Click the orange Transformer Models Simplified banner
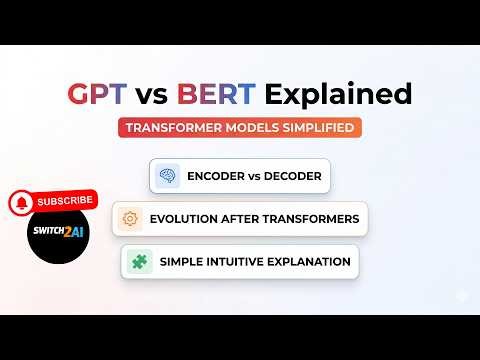(239, 128)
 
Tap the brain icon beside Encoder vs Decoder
(167, 176)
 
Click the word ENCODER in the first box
(215, 177)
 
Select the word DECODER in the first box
(294, 177)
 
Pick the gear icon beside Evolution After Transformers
(130, 219)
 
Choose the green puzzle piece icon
(137, 262)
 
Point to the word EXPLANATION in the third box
(311, 262)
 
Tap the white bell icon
(19, 203)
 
